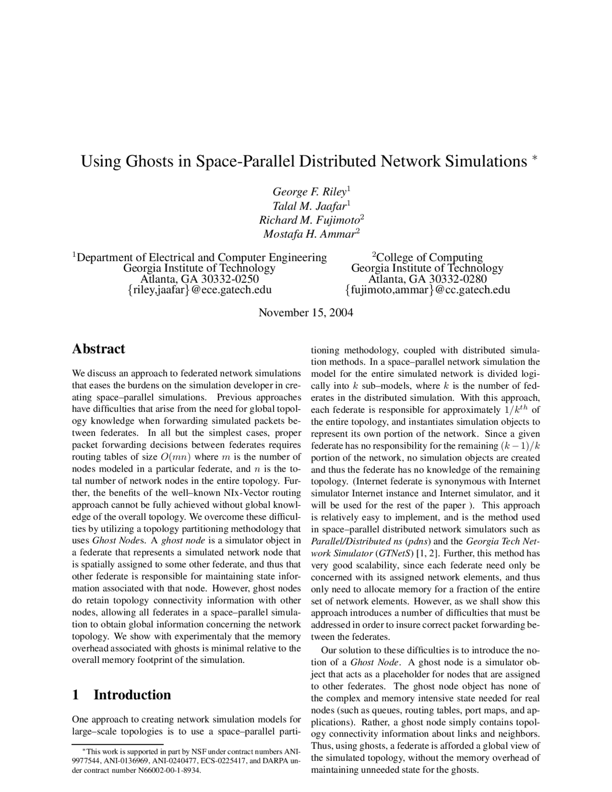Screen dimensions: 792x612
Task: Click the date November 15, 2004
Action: (x=306, y=313)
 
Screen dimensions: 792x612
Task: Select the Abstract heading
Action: (x=98, y=349)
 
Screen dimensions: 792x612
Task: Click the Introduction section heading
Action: (x=132, y=695)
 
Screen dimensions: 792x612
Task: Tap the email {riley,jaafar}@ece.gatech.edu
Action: (x=199, y=290)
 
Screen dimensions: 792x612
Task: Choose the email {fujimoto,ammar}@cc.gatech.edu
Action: (x=427, y=290)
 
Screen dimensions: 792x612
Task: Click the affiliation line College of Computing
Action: (x=430, y=258)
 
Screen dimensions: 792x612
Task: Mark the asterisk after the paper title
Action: (x=535, y=157)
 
